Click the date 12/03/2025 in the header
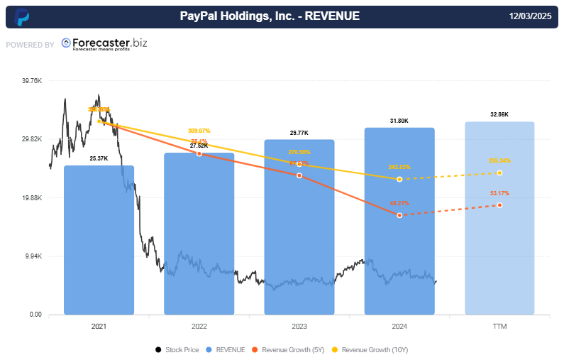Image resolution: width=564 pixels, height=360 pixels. point(531,16)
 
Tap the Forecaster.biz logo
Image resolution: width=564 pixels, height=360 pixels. point(104,44)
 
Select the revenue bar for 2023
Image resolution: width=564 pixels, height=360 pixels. point(299,227)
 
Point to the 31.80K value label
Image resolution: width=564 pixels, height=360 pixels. point(399,121)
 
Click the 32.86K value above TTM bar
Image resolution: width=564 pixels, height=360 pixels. point(499,114)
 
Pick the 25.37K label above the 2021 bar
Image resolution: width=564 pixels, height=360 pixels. point(99,158)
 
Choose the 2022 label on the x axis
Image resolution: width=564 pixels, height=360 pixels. point(199,326)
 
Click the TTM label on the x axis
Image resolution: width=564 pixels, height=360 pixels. point(499,326)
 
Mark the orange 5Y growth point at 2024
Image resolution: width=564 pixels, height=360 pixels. point(399,214)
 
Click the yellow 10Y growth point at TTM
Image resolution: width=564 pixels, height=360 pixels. point(499,173)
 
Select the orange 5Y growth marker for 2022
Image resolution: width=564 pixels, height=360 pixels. point(199,153)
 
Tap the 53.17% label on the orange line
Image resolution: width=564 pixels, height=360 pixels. point(499,193)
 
